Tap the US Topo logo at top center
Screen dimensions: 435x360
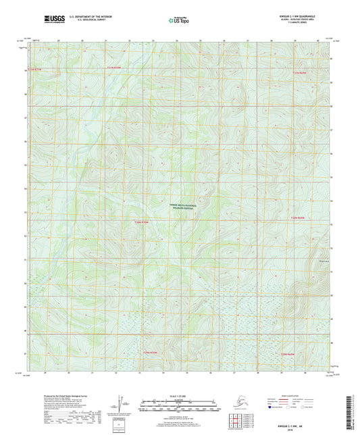pos(179,20)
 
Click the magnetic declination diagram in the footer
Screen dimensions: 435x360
pos(122,405)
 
